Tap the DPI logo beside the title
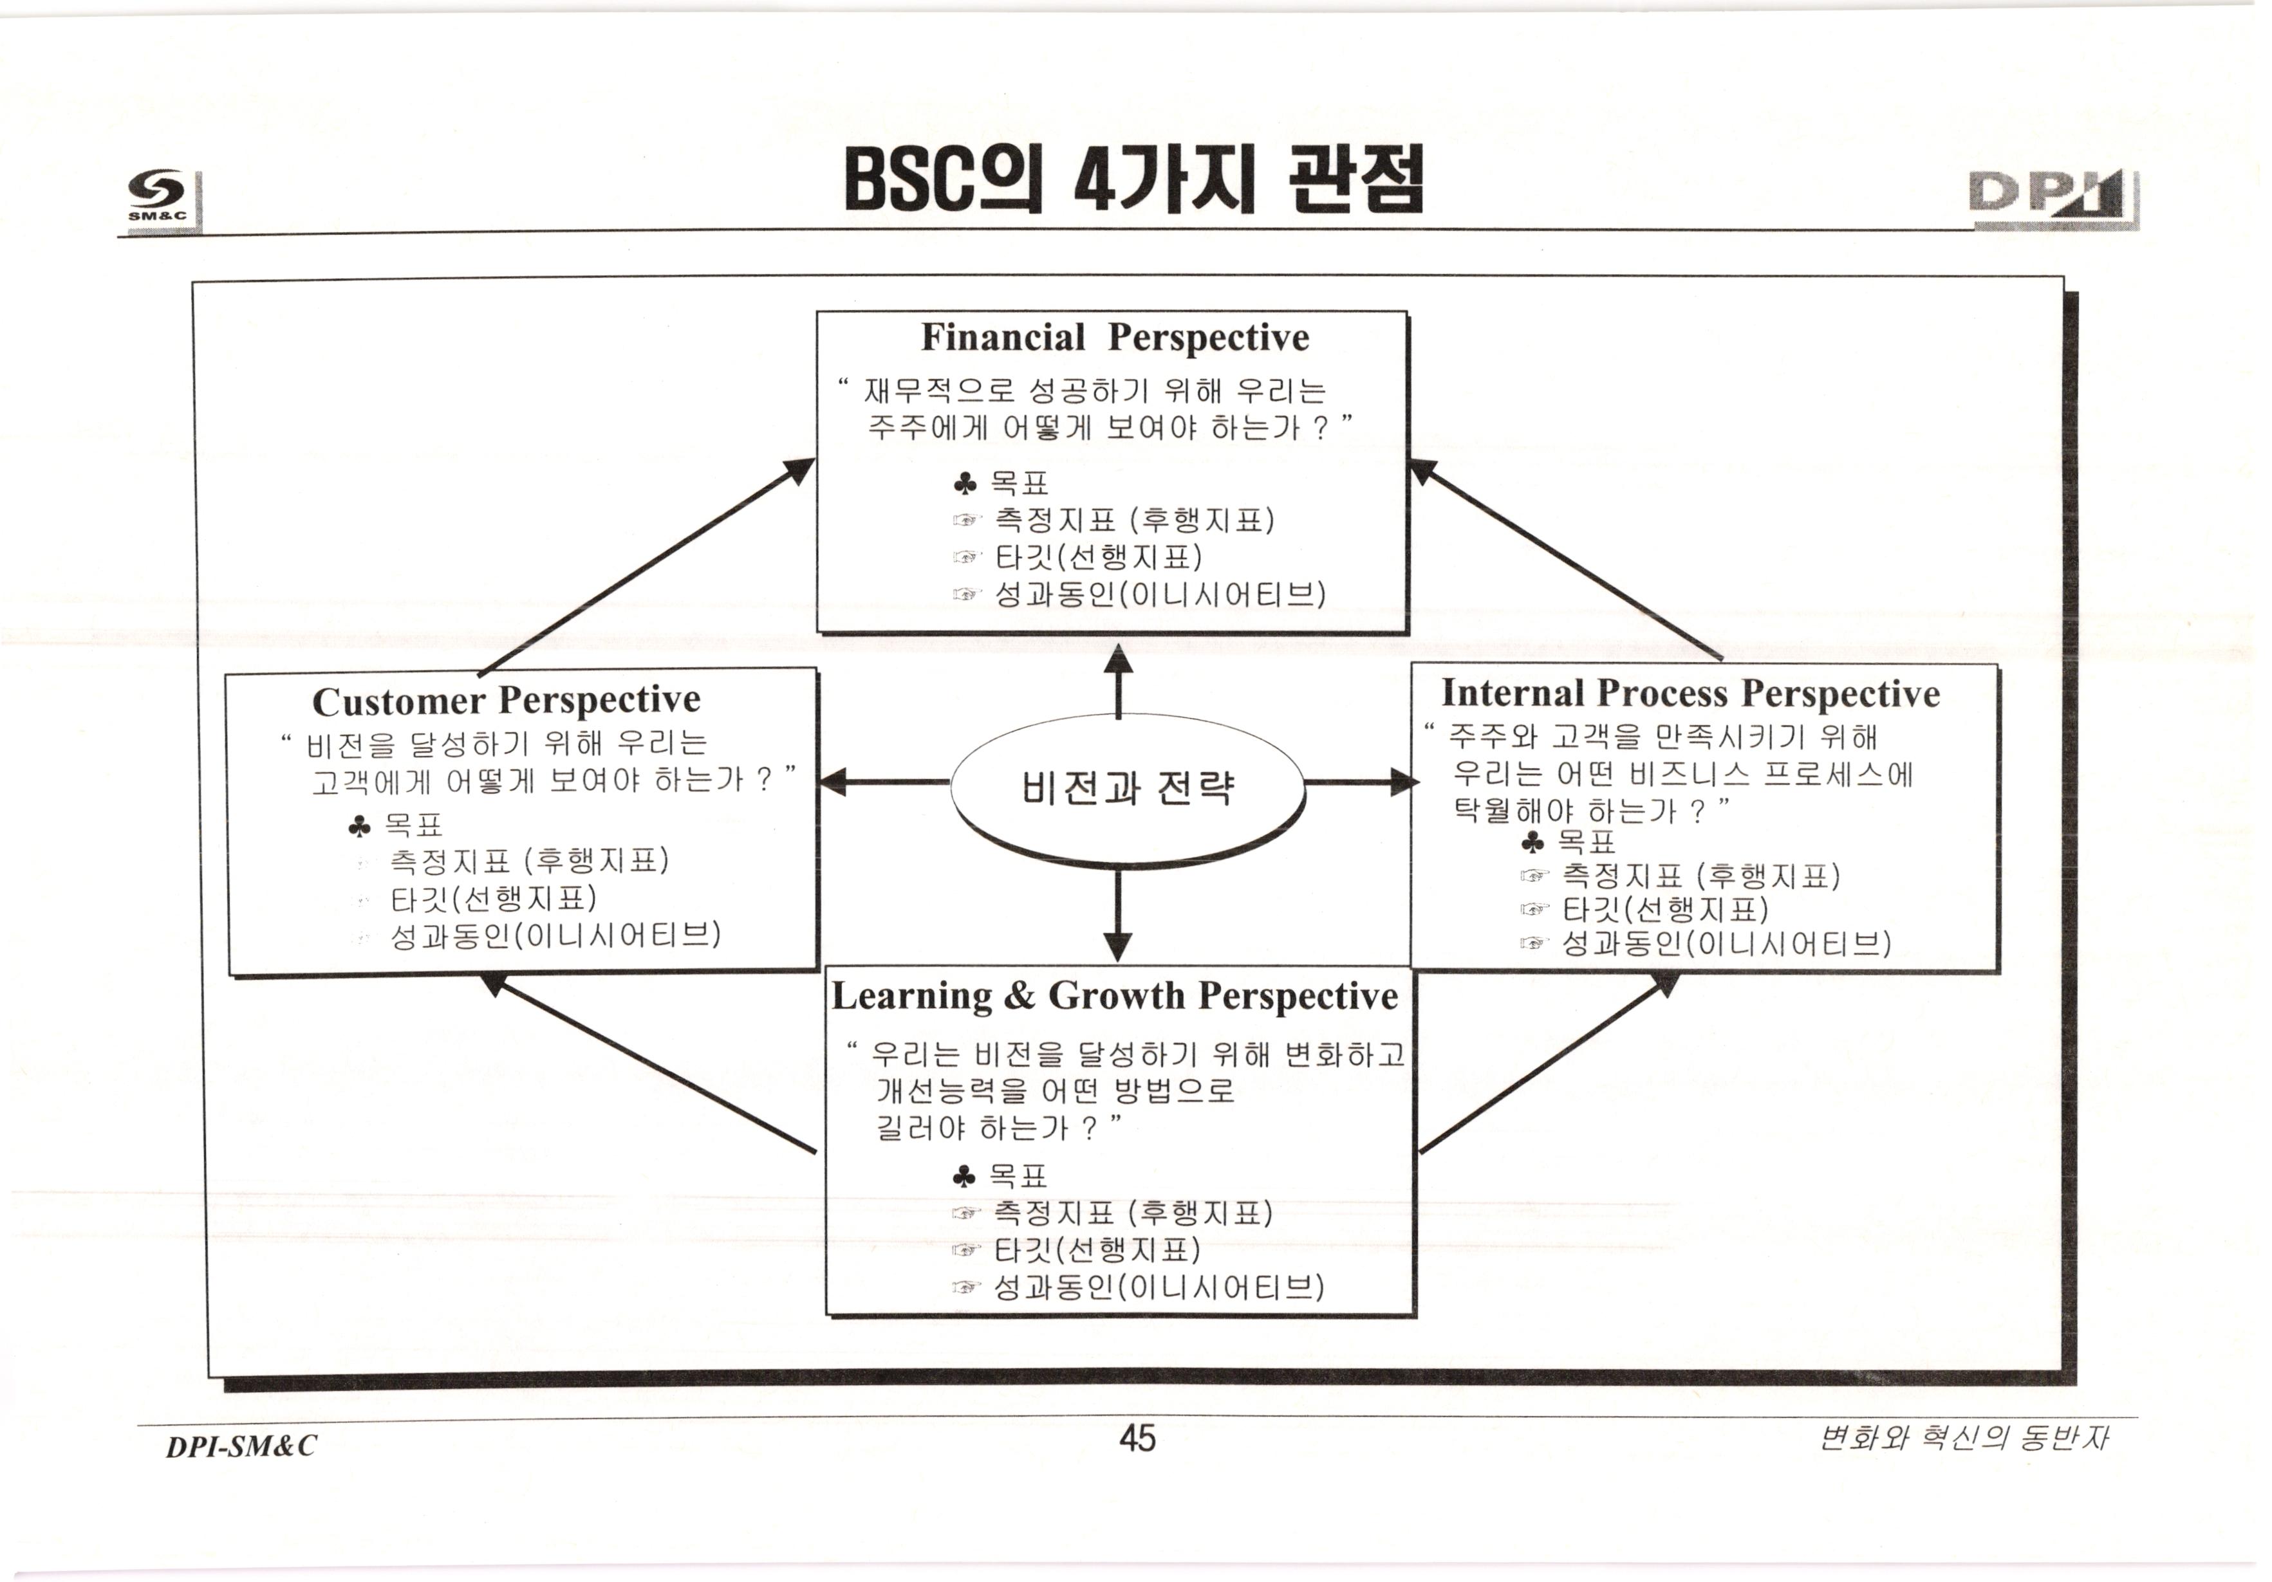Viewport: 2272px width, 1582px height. click(x=2053, y=201)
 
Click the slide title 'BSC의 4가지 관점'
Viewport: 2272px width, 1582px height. click(x=1133, y=180)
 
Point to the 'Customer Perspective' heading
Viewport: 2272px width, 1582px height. click(x=506, y=701)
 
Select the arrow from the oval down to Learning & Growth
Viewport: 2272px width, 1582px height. click(x=1118, y=915)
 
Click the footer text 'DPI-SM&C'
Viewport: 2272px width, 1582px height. click(x=241, y=1446)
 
